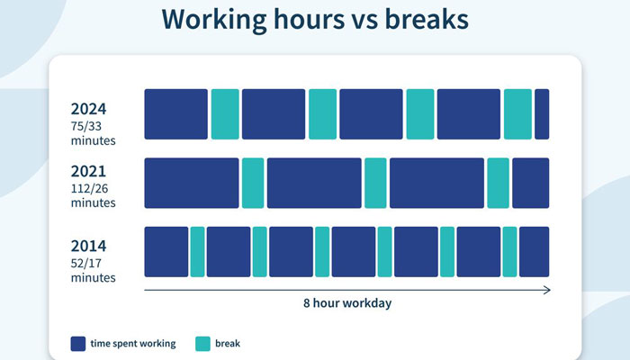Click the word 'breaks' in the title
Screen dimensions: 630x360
pyautogui.click(x=427, y=19)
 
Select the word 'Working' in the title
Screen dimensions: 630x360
pyautogui.click(x=214, y=20)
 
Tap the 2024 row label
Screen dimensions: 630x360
pyautogui.click(x=88, y=109)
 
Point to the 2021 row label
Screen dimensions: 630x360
pyautogui.click(x=88, y=171)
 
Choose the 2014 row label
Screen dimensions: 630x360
pyautogui.click(x=88, y=246)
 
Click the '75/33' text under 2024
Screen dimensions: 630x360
pyautogui.click(x=86, y=126)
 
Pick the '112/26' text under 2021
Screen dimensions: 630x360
pyautogui.click(x=89, y=188)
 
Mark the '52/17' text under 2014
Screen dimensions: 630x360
pyautogui.click(x=86, y=263)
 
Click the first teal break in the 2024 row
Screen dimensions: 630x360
pyautogui.click(x=225, y=114)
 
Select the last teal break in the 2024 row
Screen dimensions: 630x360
pyautogui.click(x=517, y=114)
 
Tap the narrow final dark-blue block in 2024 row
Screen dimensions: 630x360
pyautogui.click(x=542, y=114)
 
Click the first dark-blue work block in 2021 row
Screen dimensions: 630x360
pyautogui.click(x=192, y=183)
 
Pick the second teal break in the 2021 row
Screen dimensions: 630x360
pyautogui.click(x=375, y=183)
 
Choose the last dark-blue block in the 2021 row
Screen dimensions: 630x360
pyautogui.click(x=531, y=183)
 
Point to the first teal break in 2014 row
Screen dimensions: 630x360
pyautogui.click(x=197, y=252)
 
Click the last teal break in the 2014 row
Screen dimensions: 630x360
pyautogui.click(x=510, y=252)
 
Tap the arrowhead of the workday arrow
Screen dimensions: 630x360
pyautogui.click(x=548, y=290)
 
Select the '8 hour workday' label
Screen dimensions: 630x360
pyautogui.click(x=347, y=303)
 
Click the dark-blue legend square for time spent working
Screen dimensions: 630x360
pyautogui.click(x=78, y=344)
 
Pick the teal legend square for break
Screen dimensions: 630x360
pyautogui.click(x=202, y=344)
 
